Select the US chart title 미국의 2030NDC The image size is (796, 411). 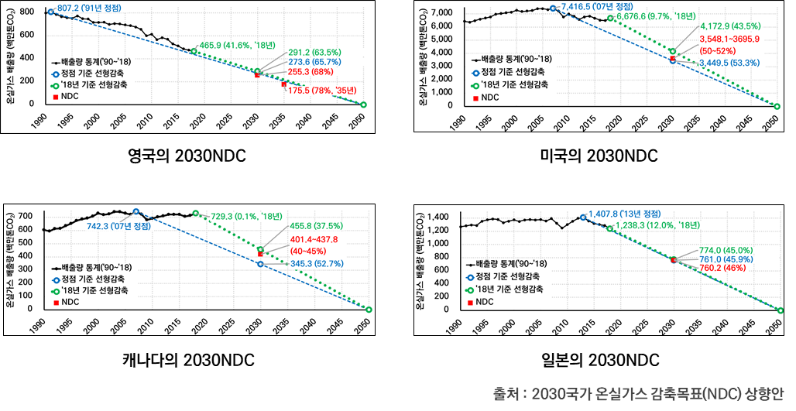coord(599,156)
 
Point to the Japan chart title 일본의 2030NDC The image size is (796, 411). coord(599,360)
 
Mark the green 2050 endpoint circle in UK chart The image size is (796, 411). coord(364,104)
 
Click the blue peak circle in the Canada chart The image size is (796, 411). coord(136,211)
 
